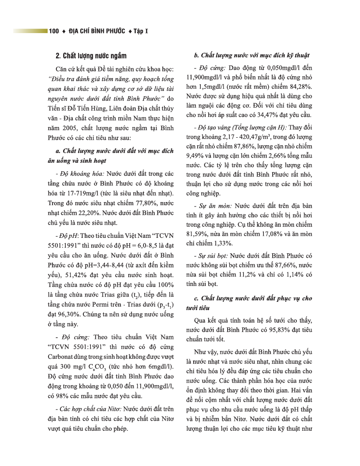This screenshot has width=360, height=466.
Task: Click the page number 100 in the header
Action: [54, 31]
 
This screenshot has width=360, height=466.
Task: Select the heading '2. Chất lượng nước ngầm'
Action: [91, 56]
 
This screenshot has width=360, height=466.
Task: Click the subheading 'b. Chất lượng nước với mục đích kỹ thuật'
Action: [251, 56]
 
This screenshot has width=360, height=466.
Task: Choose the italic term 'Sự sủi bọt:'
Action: [210, 256]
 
